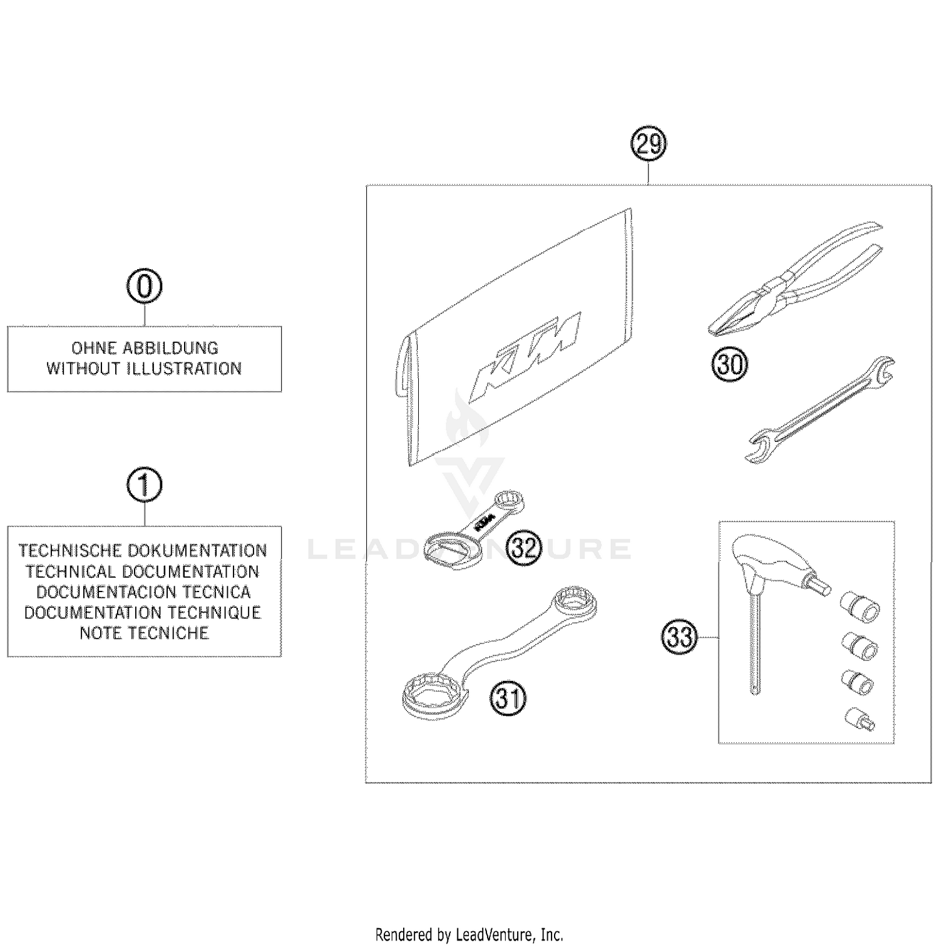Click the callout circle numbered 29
pyautogui.click(x=648, y=145)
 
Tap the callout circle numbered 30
pyautogui.click(x=729, y=364)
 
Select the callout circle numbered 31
pyautogui.click(x=508, y=697)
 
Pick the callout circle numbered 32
pyautogui.click(x=523, y=548)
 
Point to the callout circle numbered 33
pyautogui.click(x=679, y=637)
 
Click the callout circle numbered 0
pyautogui.click(x=145, y=287)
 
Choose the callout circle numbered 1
pyautogui.click(x=145, y=485)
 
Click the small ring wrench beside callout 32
pyautogui.click(x=476, y=526)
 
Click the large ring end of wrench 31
pyautogui.click(x=434, y=693)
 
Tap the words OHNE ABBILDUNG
pyautogui.click(x=145, y=348)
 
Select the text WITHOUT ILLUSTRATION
pyautogui.click(x=145, y=369)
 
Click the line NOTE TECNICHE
pyautogui.click(x=145, y=633)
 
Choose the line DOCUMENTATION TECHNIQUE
pyautogui.click(x=143, y=612)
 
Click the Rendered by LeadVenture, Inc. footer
pyautogui.click(x=469, y=935)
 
